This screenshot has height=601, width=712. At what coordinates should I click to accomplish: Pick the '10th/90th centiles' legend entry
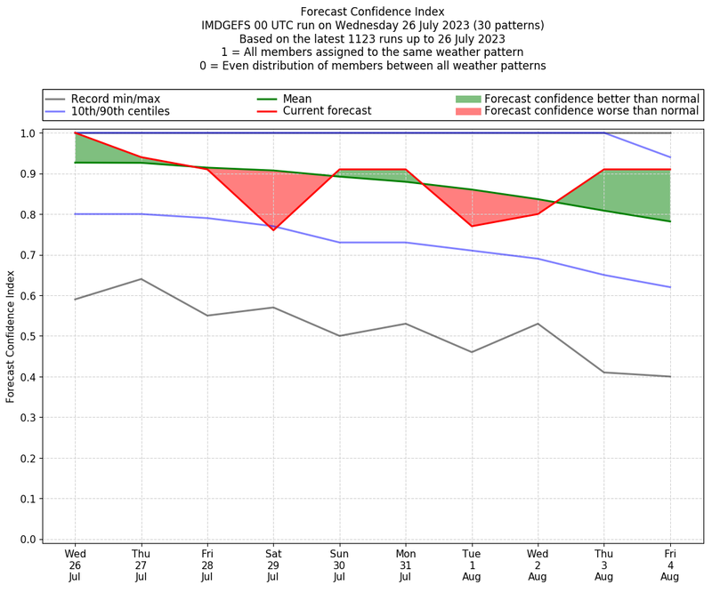(x=120, y=111)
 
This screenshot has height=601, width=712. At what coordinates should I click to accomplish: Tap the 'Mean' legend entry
(x=297, y=99)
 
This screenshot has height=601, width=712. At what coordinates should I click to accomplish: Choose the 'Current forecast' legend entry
(x=327, y=111)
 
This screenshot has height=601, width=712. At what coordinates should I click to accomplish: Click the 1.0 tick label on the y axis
(x=29, y=133)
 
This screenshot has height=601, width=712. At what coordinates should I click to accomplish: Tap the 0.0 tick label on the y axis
(x=29, y=539)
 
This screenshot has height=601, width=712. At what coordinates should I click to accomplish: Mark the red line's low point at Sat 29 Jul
(x=273, y=230)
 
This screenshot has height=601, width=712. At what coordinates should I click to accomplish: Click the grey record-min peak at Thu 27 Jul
(x=141, y=279)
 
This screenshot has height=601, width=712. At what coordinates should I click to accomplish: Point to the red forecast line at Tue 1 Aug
(x=472, y=226)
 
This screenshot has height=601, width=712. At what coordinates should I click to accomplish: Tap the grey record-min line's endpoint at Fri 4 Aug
(x=670, y=377)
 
